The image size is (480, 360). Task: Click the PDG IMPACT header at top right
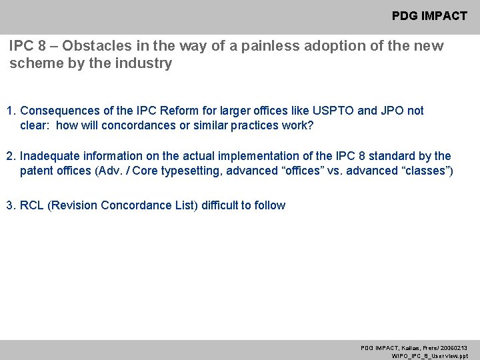pos(429,15)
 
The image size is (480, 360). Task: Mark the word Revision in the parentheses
pos(73,205)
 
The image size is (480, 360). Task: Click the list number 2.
pos(10,156)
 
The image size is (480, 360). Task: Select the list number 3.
pos(10,205)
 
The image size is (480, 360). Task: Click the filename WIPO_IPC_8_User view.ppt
pos(429,356)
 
